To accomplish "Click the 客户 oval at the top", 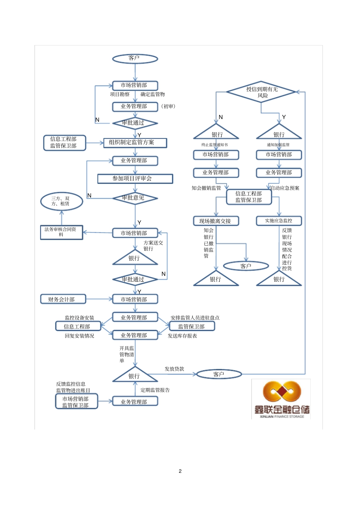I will click(135, 58).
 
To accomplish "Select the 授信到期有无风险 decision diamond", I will click(261, 92).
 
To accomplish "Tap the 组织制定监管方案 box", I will click(135, 143).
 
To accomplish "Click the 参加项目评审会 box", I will click(135, 179).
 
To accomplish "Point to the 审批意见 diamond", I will click(135, 198).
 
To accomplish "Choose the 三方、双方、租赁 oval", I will click(61, 201).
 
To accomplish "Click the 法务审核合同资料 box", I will click(61, 232).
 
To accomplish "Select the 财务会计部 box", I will click(63, 299).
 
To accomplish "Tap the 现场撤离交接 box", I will click(216, 221).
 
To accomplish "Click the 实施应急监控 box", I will click(279, 221).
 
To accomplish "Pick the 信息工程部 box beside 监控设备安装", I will click(78, 326).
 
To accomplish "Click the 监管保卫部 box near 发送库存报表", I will click(192, 326).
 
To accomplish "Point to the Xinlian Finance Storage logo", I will click(281, 399).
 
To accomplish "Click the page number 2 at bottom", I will click(180, 471).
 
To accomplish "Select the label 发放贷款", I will click(174, 369).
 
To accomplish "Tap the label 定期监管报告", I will click(155, 390).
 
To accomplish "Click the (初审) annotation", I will click(169, 107).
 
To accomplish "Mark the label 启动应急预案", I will click(285, 188).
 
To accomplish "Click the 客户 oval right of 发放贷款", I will click(219, 374).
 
